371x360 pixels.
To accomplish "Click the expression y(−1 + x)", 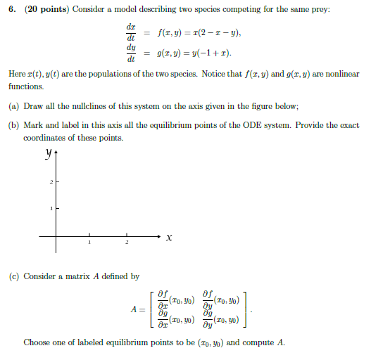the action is point(203,53).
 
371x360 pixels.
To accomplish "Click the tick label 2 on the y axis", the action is point(51,183).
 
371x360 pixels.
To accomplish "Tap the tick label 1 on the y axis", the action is point(51,209).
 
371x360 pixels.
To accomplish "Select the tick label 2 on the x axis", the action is point(127,243).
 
